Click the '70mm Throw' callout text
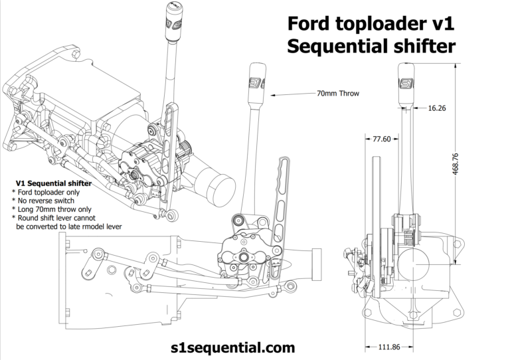click(337, 94)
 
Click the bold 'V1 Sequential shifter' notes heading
click(53, 183)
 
